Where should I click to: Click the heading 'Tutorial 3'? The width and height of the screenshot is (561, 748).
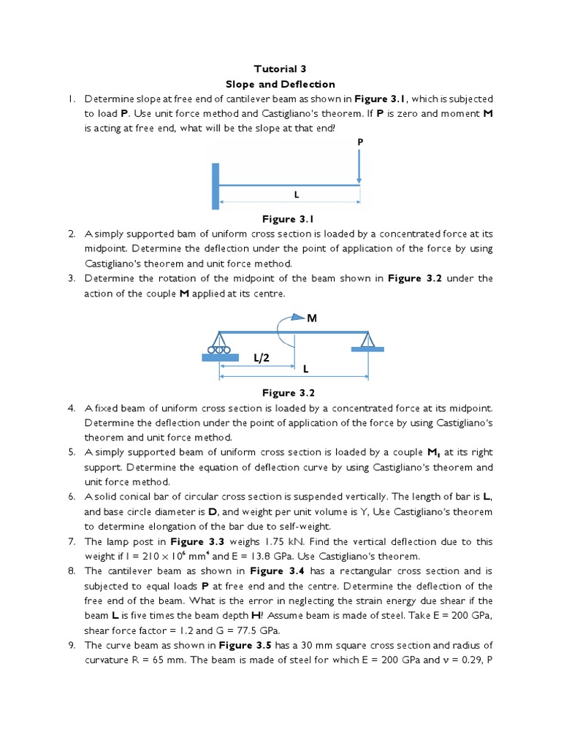pyautogui.click(x=280, y=69)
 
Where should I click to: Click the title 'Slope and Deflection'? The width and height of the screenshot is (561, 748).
pyautogui.click(x=280, y=84)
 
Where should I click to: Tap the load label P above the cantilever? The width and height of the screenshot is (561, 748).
pyautogui.click(x=359, y=140)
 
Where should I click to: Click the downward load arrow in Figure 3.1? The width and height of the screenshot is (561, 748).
pyautogui.click(x=359, y=165)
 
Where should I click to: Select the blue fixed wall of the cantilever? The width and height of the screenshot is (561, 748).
pyautogui.click(x=216, y=186)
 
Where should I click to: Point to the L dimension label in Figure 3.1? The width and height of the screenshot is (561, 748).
pyautogui.click(x=297, y=195)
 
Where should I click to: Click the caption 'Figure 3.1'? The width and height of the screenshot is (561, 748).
pyautogui.click(x=287, y=218)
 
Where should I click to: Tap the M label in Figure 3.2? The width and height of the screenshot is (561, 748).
pyautogui.click(x=313, y=318)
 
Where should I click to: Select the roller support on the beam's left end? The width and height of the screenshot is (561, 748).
pyautogui.click(x=219, y=345)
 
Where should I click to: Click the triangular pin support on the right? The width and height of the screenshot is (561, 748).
pyautogui.click(x=367, y=341)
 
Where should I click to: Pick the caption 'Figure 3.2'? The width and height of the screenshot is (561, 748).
pyautogui.click(x=287, y=392)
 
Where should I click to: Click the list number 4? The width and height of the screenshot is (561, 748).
pyautogui.click(x=72, y=408)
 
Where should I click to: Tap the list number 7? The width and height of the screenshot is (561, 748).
pyautogui.click(x=72, y=541)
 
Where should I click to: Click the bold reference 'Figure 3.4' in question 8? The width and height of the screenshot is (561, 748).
pyautogui.click(x=275, y=571)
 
